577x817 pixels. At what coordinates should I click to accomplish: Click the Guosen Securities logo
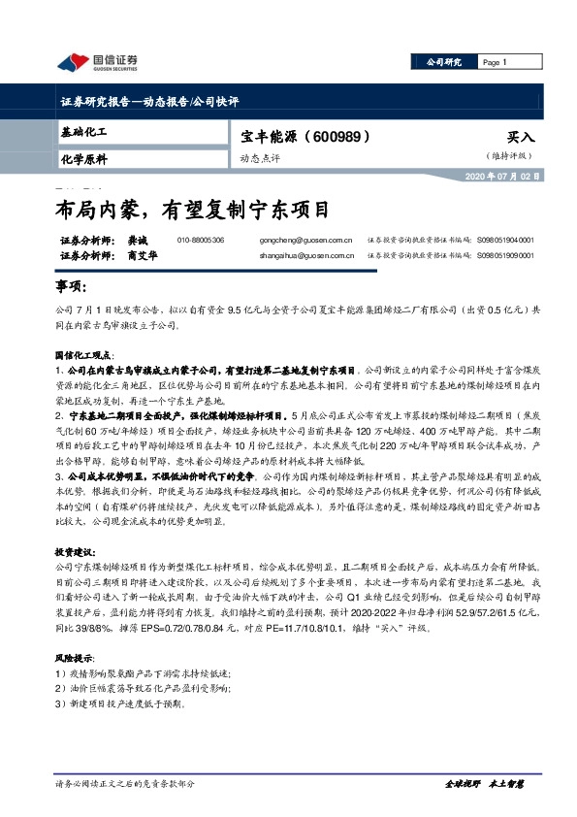98,64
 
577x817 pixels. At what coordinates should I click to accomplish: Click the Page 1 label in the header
496,62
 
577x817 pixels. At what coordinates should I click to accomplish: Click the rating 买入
521,138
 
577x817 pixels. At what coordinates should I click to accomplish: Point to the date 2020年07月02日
500,176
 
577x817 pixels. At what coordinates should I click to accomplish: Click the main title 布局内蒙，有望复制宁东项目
192,209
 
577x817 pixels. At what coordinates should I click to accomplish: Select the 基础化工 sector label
82,131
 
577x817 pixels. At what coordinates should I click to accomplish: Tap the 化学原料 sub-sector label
83,158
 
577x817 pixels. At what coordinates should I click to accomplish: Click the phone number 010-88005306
201,240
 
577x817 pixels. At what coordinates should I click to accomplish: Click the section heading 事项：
71,288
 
